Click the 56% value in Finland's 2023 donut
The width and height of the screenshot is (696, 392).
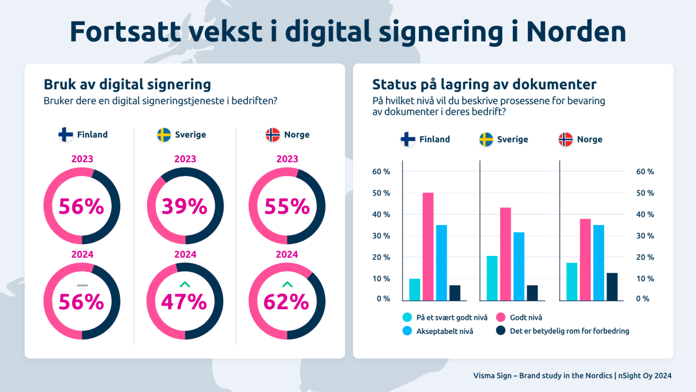coord(82,206)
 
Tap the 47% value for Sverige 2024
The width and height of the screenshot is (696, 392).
coord(184,302)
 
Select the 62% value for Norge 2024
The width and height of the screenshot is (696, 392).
coord(286,302)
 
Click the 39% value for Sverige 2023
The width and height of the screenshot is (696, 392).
coord(185,206)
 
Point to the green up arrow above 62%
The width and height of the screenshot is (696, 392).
coord(287,284)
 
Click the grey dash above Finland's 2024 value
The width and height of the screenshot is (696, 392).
coord(82,285)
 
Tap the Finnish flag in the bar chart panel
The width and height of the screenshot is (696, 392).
coord(408,139)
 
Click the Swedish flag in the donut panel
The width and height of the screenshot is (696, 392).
coord(164,135)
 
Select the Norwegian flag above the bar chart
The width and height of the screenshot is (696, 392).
coord(565,139)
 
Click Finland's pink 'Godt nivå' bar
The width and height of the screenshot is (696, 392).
coord(428,247)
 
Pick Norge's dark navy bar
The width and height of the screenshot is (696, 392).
coord(612,287)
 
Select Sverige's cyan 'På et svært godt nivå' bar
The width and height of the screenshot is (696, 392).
coord(492,278)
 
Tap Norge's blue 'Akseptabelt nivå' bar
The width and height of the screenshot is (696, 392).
coord(599,263)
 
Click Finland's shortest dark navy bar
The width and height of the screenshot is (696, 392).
coord(455,293)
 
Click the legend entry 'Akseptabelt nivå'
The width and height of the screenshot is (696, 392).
coord(445,331)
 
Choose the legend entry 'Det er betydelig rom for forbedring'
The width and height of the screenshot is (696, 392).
coord(569,331)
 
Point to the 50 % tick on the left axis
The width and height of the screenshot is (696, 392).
coord(381,193)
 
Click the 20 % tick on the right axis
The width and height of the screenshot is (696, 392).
coord(645,257)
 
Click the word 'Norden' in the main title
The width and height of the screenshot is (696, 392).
coord(576,32)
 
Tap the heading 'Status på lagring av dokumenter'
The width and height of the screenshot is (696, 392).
coord(484,84)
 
